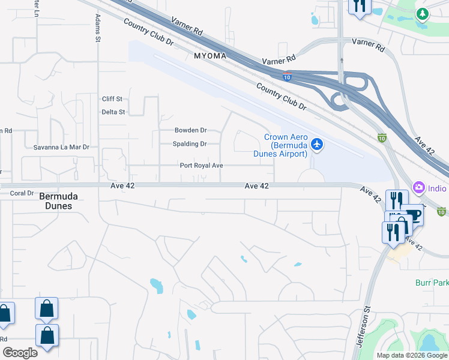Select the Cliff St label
tap(112, 99)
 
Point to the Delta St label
tap(113, 112)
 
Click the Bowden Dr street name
tap(190, 130)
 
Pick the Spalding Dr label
tap(190, 144)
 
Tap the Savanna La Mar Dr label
tap(61, 147)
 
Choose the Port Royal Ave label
tap(202, 166)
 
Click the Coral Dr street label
tap(22, 193)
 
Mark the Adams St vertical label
tap(97, 29)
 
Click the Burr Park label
tap(432, 282)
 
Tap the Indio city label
tap(438, 188)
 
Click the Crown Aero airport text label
tap(286, 145)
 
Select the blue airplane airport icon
tap(317, 145)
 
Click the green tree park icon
tap(422, 13)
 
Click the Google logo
tap(19, 353)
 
